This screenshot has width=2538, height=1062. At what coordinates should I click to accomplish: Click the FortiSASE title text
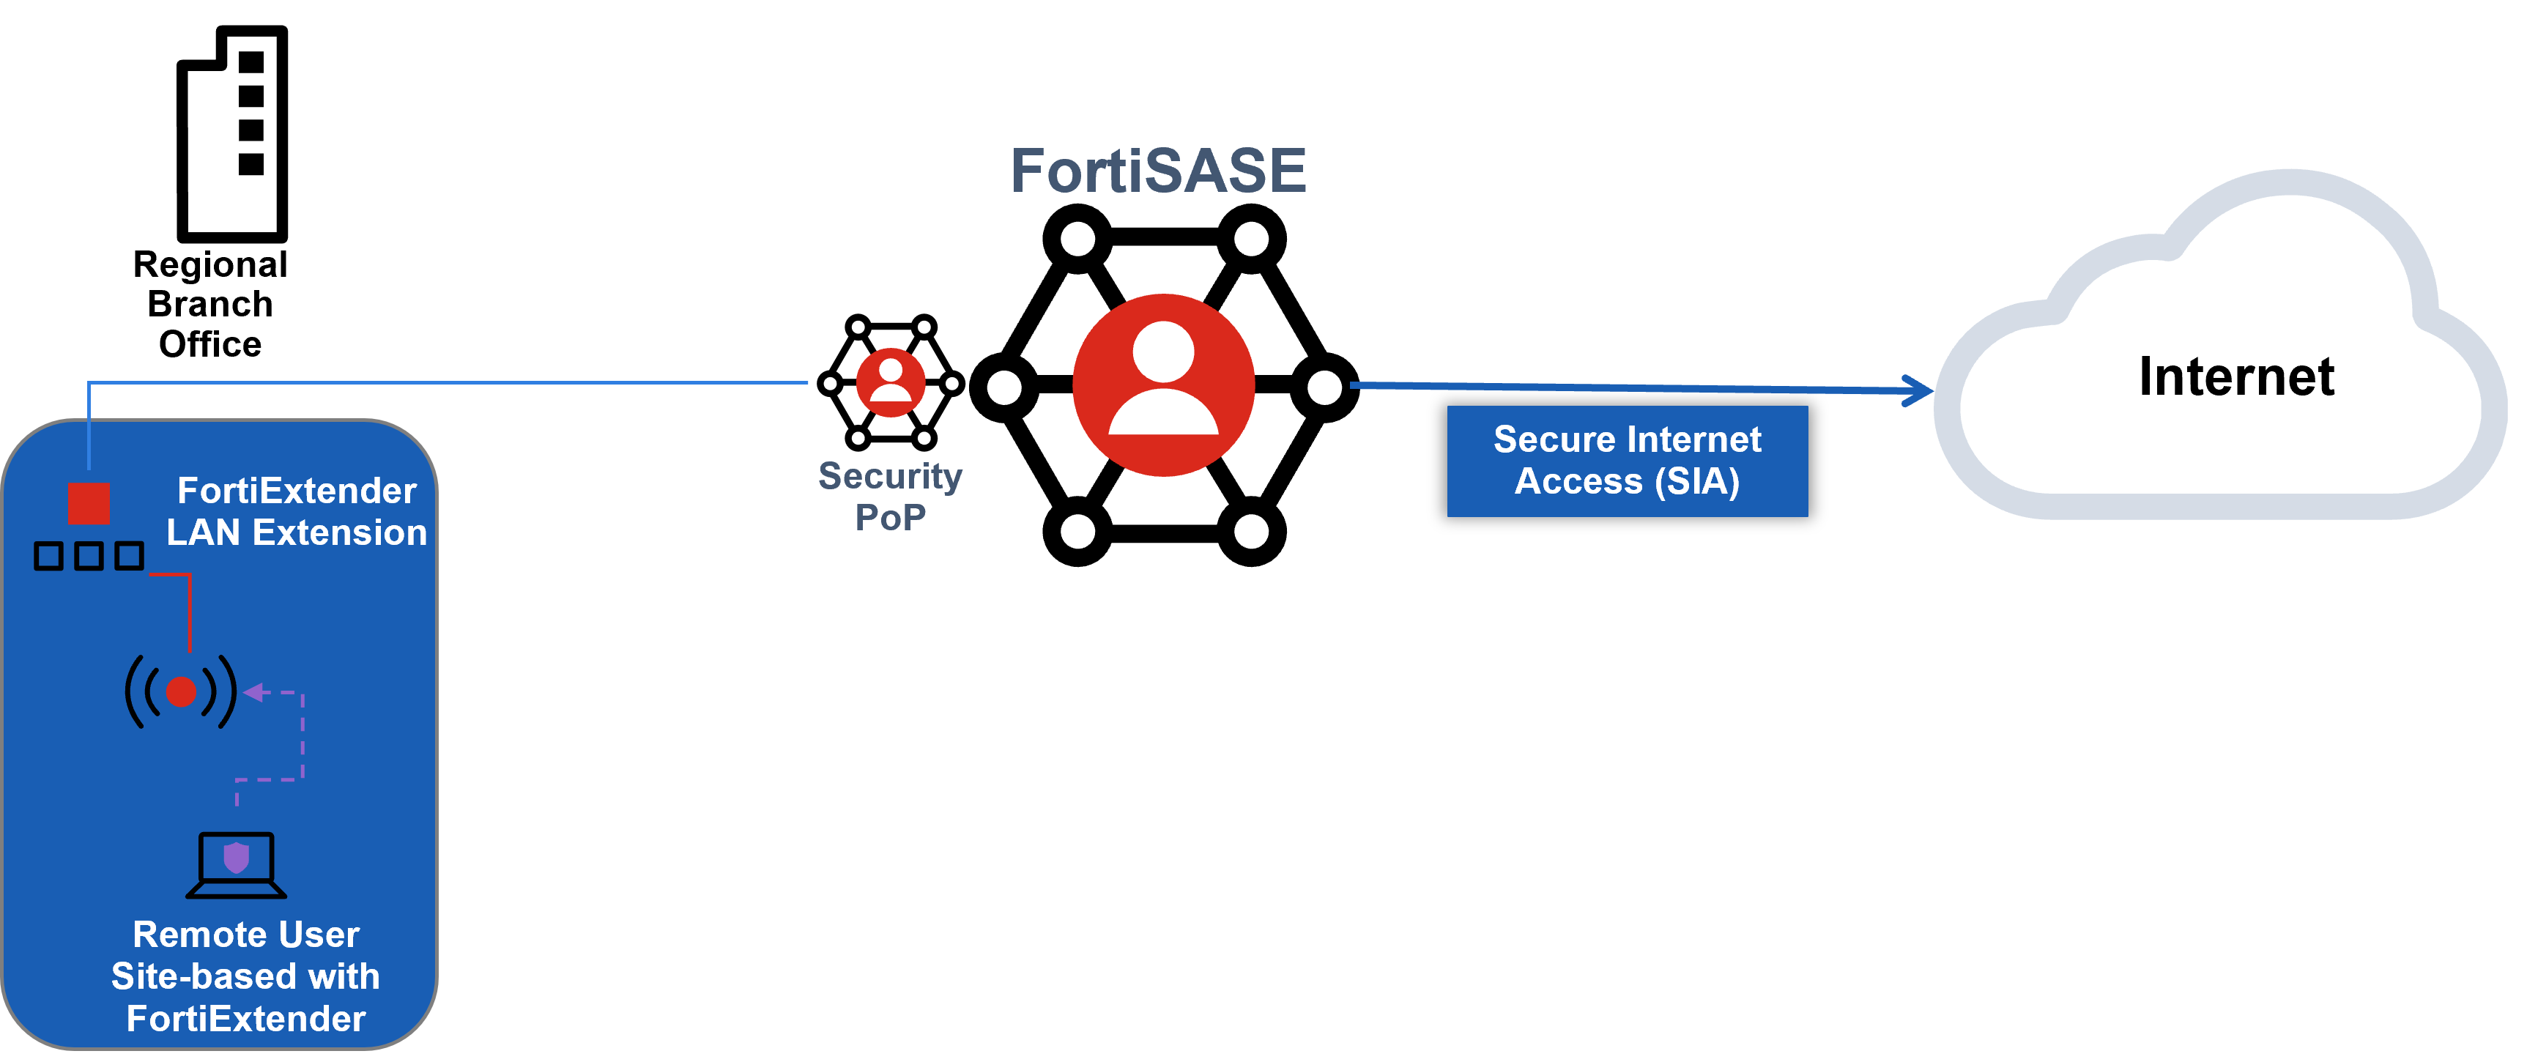tap(1158, 171)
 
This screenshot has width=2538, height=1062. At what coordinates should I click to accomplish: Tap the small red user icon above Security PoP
tap(891, 382)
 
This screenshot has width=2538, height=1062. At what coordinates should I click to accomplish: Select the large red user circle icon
tap(1164, 385)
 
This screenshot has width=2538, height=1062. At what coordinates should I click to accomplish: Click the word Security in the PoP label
tap(890, 476)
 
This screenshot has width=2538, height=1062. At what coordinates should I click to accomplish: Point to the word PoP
tap(890, 517)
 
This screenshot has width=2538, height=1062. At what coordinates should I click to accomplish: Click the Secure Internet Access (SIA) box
tap(1627, 461)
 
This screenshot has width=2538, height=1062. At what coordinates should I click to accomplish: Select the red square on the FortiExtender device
tap(89, 502)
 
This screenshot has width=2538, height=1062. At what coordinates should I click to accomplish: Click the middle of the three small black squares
tap(89, 557)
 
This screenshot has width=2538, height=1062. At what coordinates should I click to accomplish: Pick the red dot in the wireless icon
tap(182, 691)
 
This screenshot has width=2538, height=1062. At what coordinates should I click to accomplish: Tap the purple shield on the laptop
tap(237, 857)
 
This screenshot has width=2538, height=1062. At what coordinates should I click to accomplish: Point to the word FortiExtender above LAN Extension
tap(297, 491)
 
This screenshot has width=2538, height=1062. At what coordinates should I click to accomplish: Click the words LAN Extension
tap(297, 533)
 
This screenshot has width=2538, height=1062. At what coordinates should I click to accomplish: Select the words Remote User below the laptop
tap(245, 934)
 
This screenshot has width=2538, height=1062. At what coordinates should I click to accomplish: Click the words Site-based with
tap(245, 976)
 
